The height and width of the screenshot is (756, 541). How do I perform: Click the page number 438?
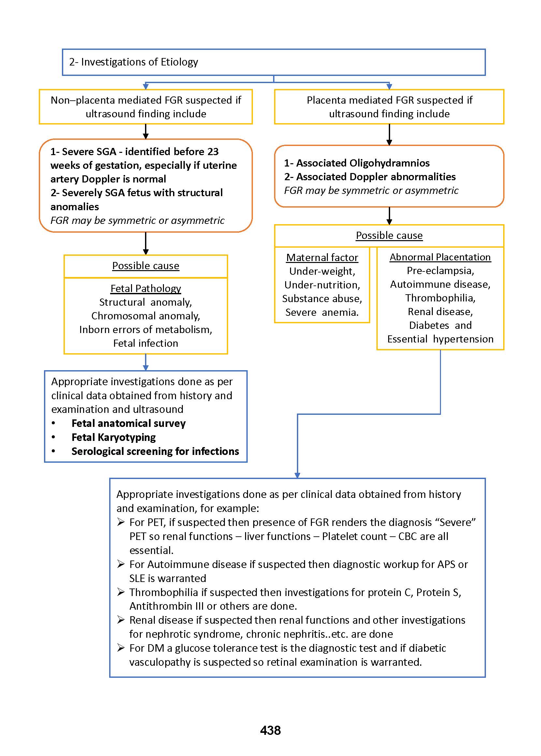pyautogui.click(x=270, y=730)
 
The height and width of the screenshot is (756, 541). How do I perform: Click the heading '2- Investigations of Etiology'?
pyautogui.click(x=133, y=62)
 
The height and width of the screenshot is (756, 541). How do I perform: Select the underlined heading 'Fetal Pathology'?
pyautogui.click(x=146, y=288)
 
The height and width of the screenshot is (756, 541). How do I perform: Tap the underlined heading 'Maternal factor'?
pyautogui.click(x=322, y=257)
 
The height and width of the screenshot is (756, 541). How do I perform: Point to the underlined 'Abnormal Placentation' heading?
pyautogui.click(x=440, y=257)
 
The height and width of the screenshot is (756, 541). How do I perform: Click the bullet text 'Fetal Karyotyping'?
pyautogui.click(x=114, y=437)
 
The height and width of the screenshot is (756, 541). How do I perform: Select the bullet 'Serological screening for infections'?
pyautogui.click(x=155, y=451)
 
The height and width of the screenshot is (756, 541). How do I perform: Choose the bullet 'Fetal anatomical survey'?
pyautogui.click(x=129, y=423)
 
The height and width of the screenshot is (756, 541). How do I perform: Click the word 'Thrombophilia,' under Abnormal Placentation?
pyautogui.click(x=440, y=298)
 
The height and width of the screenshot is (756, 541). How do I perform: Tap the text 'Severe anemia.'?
pyautogui.click(x=322, y=313)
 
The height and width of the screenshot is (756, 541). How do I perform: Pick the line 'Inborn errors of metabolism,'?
pyautogui.click(x=146, y=329)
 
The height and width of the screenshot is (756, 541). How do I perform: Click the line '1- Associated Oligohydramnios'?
pyautogui.click(x=357, y=163)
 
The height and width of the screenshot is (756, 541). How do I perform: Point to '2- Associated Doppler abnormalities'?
pyautogui.click(x=370, y=177)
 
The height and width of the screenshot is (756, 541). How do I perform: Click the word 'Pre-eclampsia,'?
pyautogui.click(x=440, y=270)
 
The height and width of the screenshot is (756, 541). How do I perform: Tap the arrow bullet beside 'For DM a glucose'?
pyautogui.click(x=121, y=648)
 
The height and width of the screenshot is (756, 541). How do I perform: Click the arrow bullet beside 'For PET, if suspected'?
pyautogui.click(x=121, y=522)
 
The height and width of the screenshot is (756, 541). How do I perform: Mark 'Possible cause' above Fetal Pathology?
pyautogui.click(x=146, y=266)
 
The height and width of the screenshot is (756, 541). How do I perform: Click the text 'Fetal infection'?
pyautogui.click(x=146, y=343)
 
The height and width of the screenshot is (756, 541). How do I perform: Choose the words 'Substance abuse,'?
pyautogui.click(x=322, y=298)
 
